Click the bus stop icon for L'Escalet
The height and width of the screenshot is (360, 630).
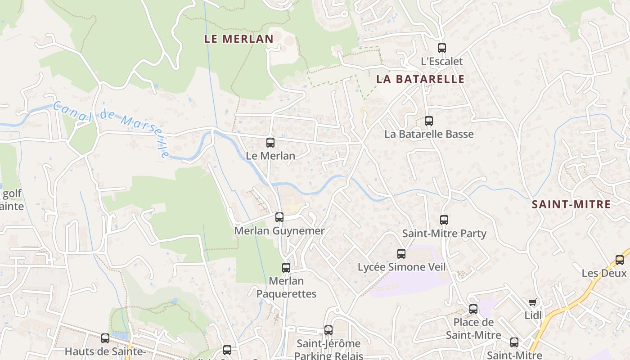tap(442, 48)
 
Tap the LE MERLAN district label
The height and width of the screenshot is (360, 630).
tap(239, 39)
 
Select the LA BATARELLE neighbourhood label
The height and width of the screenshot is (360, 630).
tap(420, 80)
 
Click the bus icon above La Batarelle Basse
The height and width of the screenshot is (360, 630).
tap(429, 121)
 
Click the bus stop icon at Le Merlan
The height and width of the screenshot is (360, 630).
tap(270, 143)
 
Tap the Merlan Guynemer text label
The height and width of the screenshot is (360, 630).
tap(279, 231)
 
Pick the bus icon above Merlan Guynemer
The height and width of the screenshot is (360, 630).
tap(279, 217)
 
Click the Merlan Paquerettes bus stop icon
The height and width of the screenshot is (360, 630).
tap(286, 268)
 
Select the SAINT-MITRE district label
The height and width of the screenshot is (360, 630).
tap(571, 205)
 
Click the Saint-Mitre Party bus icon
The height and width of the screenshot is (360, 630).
tap(444, 220)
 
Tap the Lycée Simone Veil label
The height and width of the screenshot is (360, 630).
tap(401, 267)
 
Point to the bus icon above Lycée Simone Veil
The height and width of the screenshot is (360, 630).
tap(401, 254)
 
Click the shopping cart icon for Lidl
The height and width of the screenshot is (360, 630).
tap(533, 302)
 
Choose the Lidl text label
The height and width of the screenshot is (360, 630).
tap(533, 315)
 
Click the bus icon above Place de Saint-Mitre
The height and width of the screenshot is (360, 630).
tap(473, 309)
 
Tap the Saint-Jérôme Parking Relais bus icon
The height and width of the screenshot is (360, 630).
tap(328, 330)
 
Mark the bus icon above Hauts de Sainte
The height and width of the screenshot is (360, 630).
tap(105, 338)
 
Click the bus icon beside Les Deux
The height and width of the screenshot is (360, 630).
tap(620, 260)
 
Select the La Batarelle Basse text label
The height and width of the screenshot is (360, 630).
tap(429, 134)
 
